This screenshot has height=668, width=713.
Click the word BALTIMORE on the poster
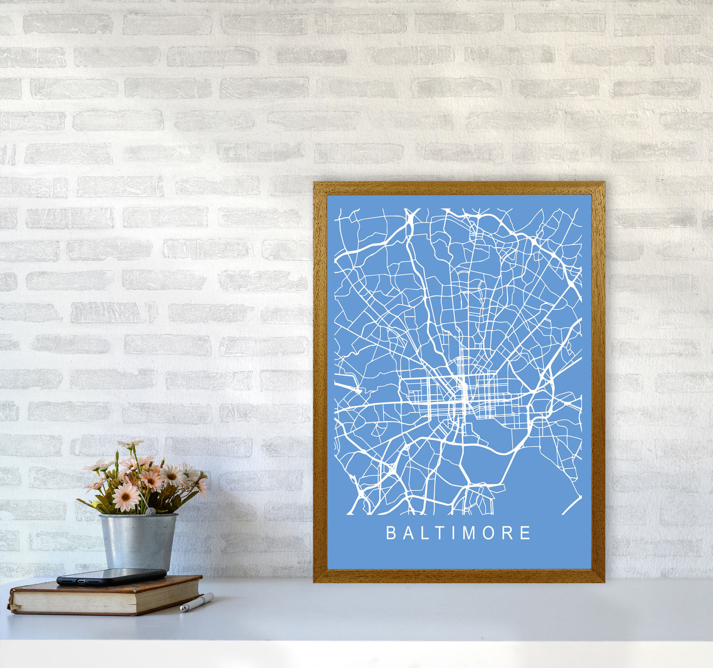(458, 533)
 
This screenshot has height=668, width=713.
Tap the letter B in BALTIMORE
(390, 533)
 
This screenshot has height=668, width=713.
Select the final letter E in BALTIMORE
(526, 533)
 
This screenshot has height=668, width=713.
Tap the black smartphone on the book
(111, 576)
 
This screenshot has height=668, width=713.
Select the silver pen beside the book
(197, 602)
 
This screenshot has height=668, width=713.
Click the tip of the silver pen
(182, 610)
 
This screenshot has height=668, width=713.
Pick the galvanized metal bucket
(138, 541)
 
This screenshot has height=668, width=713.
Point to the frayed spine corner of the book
(11, 605)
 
